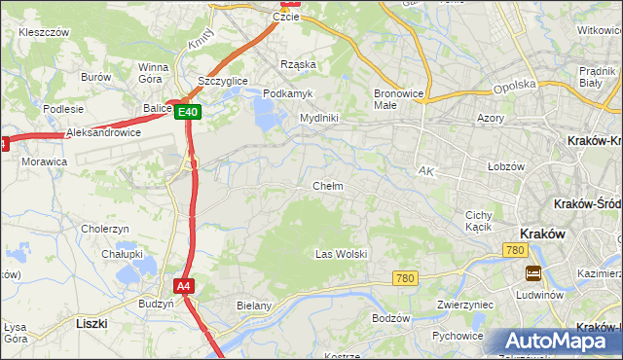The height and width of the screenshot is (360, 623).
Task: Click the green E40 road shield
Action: point(189,113)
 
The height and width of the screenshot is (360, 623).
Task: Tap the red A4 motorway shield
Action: point(184,286)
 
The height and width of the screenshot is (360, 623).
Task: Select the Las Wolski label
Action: point(341,254)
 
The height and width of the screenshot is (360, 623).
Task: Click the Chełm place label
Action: point(327,186)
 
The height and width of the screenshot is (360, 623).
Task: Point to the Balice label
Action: point(156,108)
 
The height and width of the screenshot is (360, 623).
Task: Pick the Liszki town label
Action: point(91,322)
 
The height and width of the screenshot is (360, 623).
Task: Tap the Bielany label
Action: point(253,306)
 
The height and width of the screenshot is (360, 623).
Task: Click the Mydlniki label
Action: point(318,118)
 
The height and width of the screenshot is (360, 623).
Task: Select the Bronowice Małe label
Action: point(397,100)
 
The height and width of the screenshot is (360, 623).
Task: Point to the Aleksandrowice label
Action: point(104,132)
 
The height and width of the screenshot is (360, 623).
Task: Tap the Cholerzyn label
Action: point(105,229)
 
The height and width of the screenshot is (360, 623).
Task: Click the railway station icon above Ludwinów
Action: point(533,273)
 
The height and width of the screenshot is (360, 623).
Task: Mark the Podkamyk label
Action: point(286,93)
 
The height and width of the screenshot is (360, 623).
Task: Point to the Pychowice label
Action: point(458,337)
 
